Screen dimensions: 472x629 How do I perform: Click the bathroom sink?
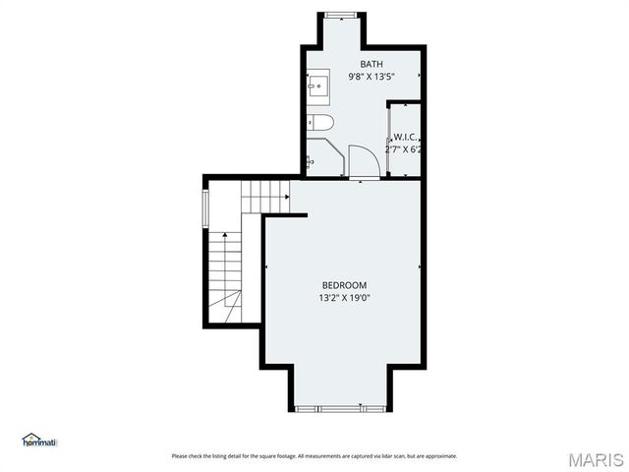317,87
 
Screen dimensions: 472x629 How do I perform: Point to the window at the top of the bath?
341,15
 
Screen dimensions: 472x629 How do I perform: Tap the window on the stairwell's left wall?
205,208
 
